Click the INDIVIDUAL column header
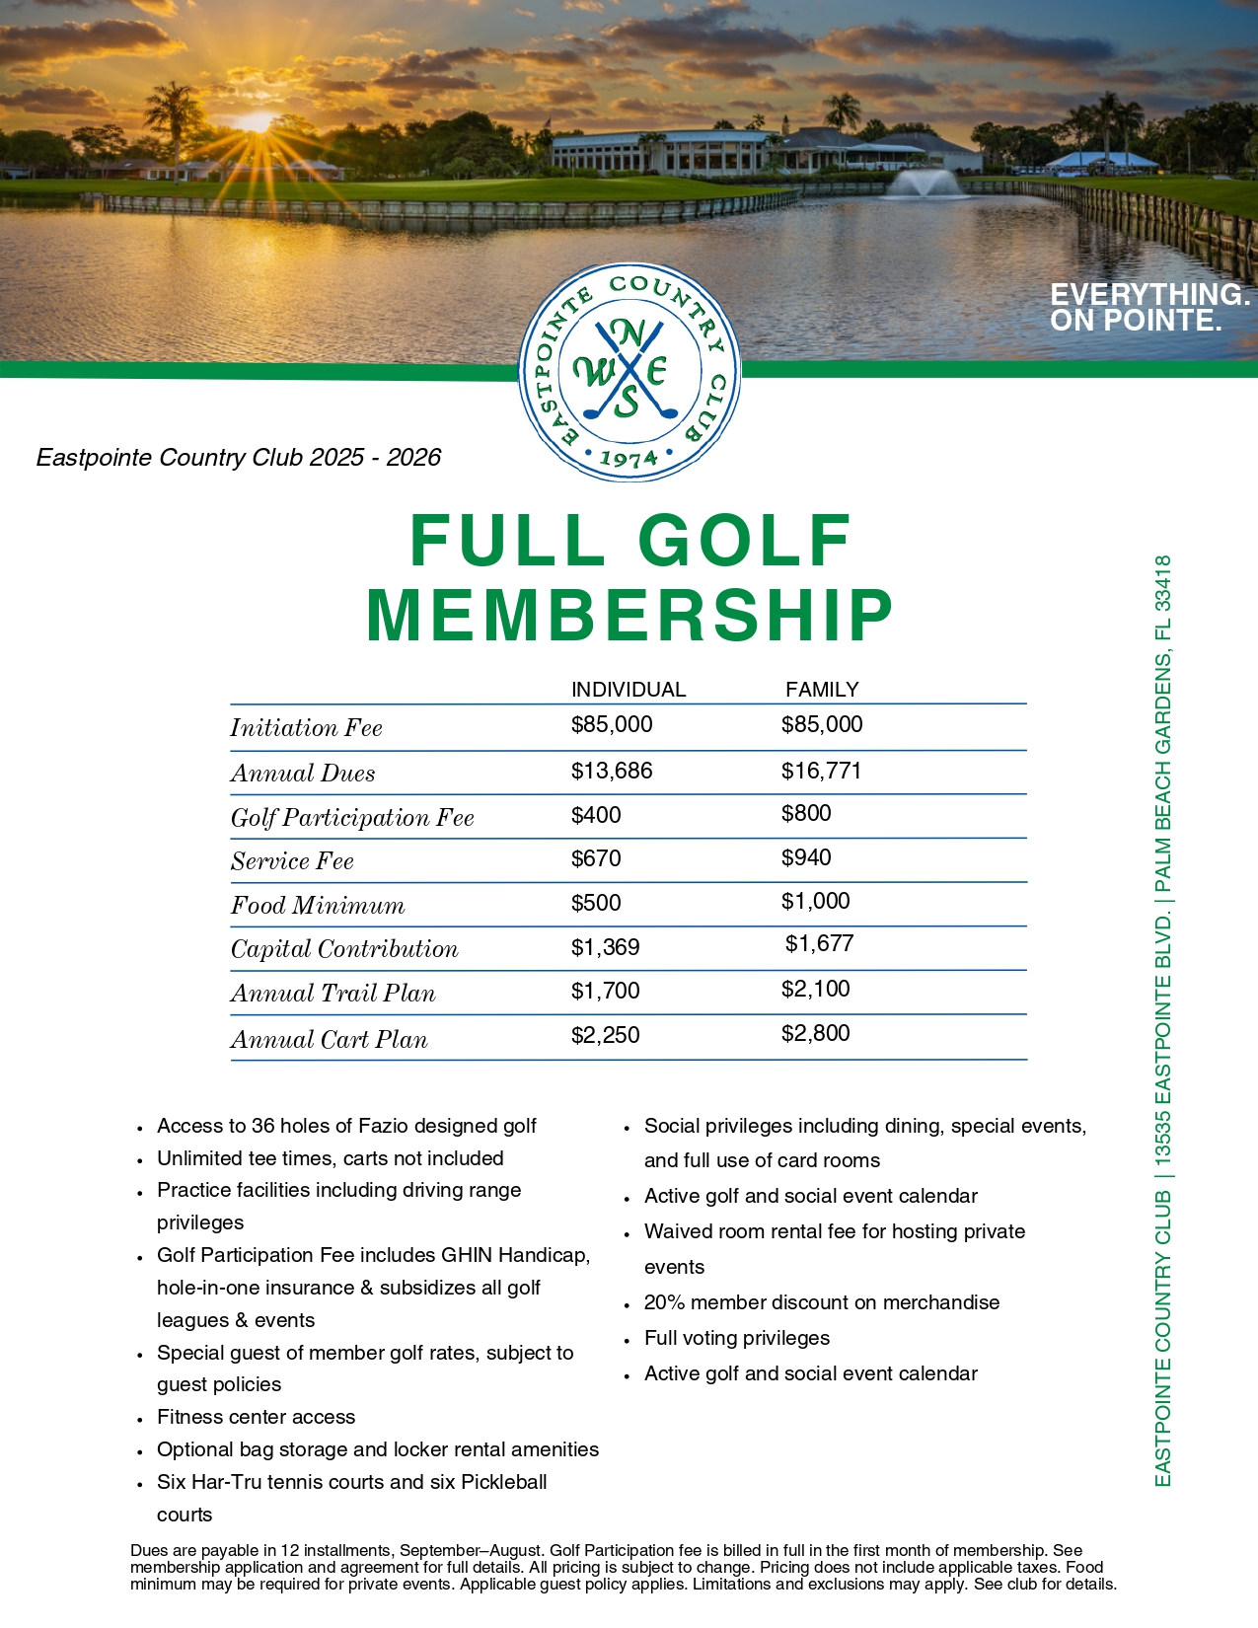point(629,690)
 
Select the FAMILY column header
point(822,690)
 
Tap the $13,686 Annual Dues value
point(612,771)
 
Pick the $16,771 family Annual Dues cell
point(821,771)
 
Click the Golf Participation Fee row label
point(352,818)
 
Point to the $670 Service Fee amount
point(596,858)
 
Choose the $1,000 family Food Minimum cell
point(815,901)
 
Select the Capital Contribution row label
point(344,949)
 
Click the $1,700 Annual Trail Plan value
point(605,991)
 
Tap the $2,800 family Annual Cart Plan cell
point(815,1033)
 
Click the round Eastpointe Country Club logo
point(629,372)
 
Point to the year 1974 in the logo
point(629,459)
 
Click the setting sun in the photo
point(256,123)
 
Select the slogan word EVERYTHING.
point(1149,294)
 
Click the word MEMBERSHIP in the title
point(629,616)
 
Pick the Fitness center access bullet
point(256,1417)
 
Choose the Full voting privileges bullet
point(736,1338)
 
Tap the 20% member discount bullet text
point(821,1302)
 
